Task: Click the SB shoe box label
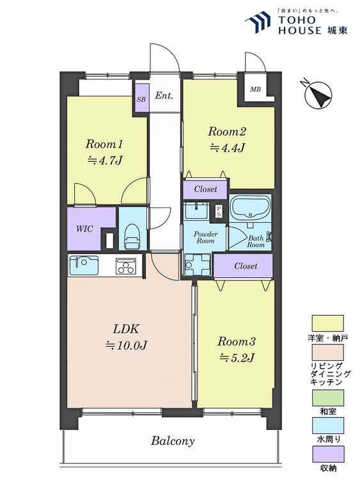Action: coord(141,99)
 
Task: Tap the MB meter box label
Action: coord(255,90)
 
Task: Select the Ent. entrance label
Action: coord(164,95)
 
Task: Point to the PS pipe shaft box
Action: coord(219,211)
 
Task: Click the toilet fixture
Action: coord(132,236)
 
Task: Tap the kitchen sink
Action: coord(84,265)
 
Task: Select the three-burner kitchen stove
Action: coord(126,266)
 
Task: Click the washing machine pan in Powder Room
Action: coord(198,264)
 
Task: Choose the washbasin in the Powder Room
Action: coord(196,210)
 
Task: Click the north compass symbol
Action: coord(318,95)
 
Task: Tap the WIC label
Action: coord(84,228)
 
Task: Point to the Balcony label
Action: coord(173,441)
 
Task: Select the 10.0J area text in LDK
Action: coord(127,346)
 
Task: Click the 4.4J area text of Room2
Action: coord(228,148)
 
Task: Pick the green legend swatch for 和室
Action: coord(327,397)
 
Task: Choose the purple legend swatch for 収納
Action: coord(327,454)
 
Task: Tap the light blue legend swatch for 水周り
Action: coord(327,426)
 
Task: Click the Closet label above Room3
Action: coord(246,266)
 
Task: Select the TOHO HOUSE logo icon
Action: coord(258,22)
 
